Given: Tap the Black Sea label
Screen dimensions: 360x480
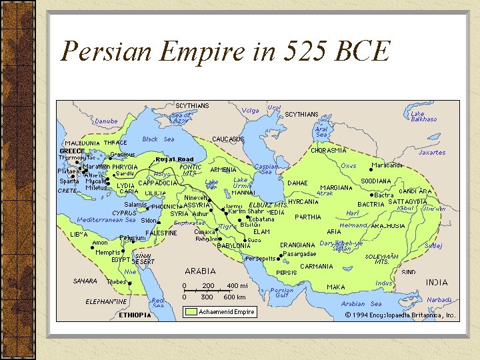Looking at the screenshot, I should click(159, 139).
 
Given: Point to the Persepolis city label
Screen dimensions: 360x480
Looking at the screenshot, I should click(261, 259).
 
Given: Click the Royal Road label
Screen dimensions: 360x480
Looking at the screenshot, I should click(175, 159).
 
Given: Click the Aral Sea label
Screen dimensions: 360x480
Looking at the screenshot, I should click(321, 131).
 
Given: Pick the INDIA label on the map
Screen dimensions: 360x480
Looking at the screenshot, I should click(437, 283).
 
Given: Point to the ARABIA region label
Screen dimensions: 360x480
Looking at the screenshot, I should click(200, 271).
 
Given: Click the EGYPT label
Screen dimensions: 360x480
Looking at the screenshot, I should click(121, 259).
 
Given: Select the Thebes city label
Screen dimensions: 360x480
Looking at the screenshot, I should click(117, 282).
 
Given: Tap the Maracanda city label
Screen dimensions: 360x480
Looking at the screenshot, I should click(387, 165).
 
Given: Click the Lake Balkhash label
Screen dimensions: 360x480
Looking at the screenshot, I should click(423, 116).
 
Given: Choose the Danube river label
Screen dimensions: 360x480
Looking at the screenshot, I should click(106, 121).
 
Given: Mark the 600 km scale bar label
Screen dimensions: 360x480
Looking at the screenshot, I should click(235, 297).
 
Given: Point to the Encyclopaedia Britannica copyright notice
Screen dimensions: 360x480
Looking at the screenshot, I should click(400, 315).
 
